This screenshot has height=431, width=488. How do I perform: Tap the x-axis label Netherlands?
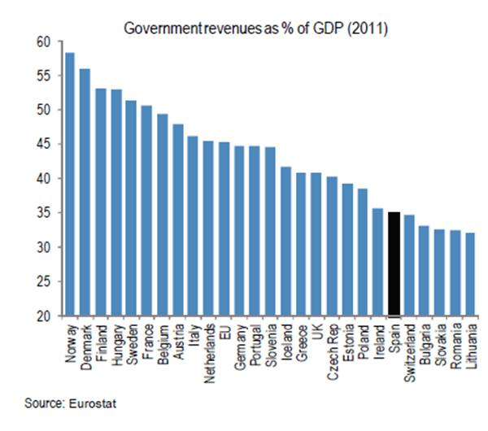pyautogui.click(x=209, y=348)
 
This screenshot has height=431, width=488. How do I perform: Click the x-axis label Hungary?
pyautogui.click(x=116, y=341)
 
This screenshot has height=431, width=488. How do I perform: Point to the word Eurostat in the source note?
pyautogui.click(x=97, y=403)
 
